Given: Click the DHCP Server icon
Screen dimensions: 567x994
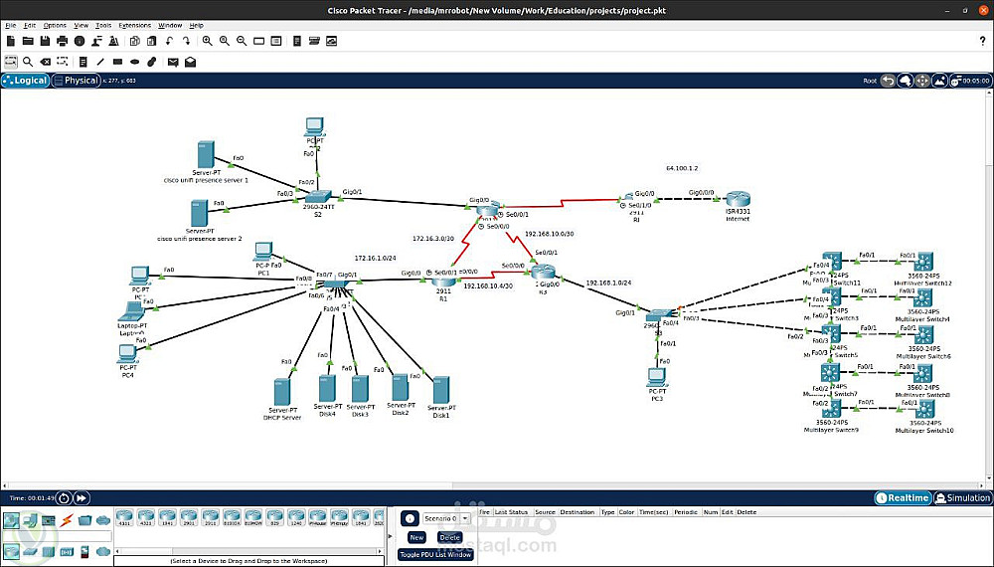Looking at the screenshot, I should pyautogui.click(x=281, y=391).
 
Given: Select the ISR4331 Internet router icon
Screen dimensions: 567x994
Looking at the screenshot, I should pyautogui.click(x=736, y=200).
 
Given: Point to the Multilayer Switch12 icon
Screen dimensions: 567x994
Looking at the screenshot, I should pyautogui.click(x=922, y=262).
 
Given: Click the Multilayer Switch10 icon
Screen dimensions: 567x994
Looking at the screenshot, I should pyautogui.click(x=923, y=409).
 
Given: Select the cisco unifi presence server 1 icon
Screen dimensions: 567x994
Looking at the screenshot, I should pyautogui.click(x=206, y=155).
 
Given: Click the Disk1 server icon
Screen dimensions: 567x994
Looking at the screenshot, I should pyautogui.click(x=440, y=390).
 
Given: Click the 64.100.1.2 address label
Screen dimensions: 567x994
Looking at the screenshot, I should pyautogui.click(x=682, y=169).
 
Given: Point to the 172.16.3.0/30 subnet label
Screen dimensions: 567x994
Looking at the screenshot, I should pyautogui.click(x=433, y=239).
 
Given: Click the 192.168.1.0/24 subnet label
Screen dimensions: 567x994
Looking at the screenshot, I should pyautogui.click(x=608, y=283).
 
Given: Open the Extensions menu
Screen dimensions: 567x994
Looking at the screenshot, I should pyautogui.click(x=134, y=25).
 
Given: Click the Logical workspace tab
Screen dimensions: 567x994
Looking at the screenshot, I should pyautogui.click(x=26, y=81).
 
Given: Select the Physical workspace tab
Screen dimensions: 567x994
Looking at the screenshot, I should pyautogui.click(x=78, y=81).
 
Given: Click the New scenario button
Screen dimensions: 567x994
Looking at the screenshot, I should pyautogui.click(x=416, y=537).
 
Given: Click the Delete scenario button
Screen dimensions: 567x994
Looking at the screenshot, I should pyautogui.click(x=449, y=537).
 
